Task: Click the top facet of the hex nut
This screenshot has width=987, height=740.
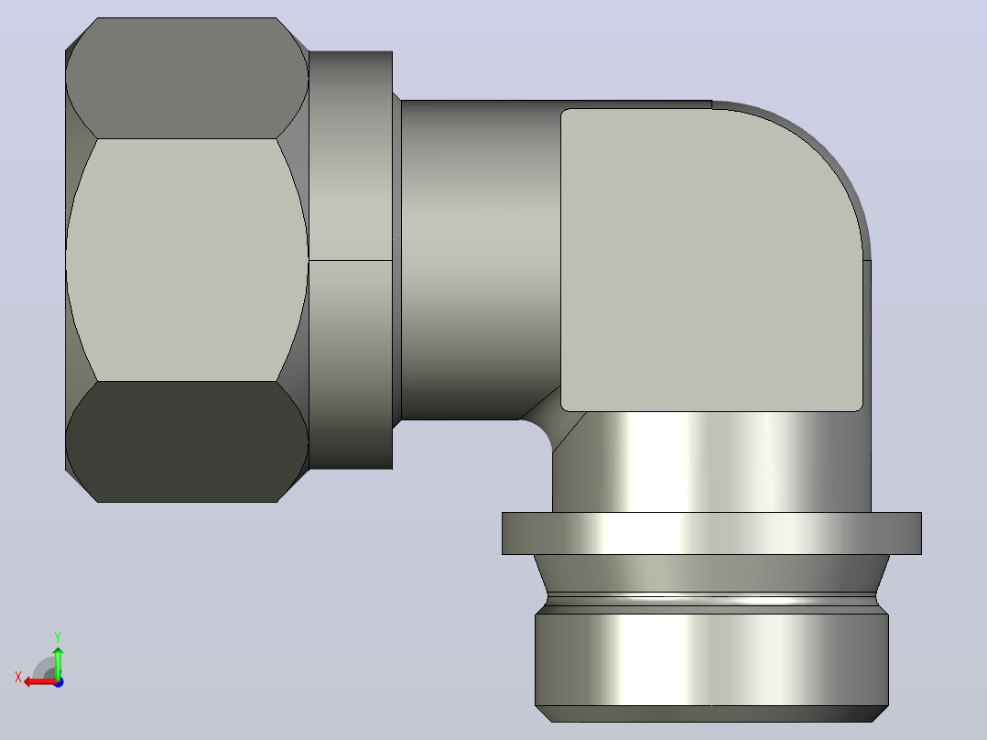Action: pos(187,78)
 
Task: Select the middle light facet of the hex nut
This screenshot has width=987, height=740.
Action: pos(187,259)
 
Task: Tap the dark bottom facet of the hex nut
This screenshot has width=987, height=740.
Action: pos(187,441)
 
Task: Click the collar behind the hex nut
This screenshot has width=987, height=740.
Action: pos(351,259)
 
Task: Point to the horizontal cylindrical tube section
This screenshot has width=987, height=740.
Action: pos(481,259)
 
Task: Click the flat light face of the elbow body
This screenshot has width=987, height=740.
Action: pos(711,259)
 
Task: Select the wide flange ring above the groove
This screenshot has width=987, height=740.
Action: pos(711,533)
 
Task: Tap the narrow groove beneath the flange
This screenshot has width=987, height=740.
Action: pos(711,599)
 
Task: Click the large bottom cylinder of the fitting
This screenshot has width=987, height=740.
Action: pos(711,659)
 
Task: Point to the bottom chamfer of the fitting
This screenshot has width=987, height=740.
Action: pos(711,713)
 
